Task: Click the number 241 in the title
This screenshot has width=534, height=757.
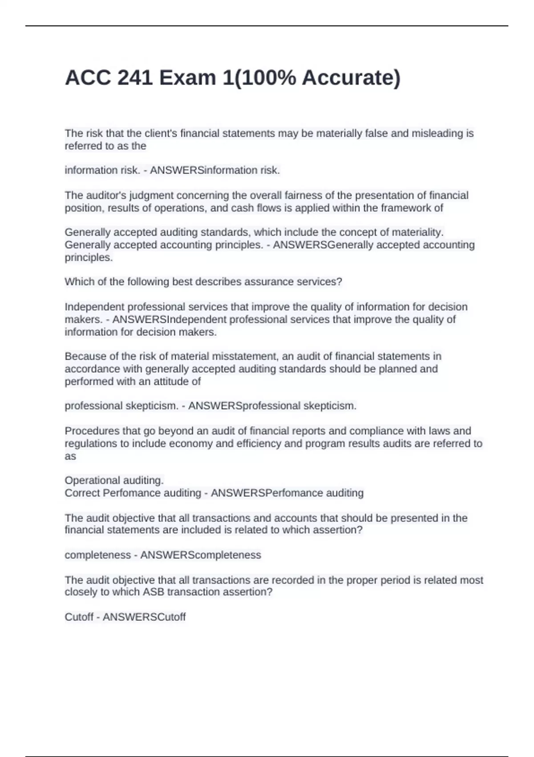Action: (x=134, y=78)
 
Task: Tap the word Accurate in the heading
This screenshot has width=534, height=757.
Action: (x=351, y=78)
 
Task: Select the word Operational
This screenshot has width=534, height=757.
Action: (x=90, y=480)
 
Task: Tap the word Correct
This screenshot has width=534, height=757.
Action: (x=82, y=493)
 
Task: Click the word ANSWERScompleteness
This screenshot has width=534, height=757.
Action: (x=201, y=555)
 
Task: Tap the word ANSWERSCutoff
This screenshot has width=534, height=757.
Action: (x=144, y=617)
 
